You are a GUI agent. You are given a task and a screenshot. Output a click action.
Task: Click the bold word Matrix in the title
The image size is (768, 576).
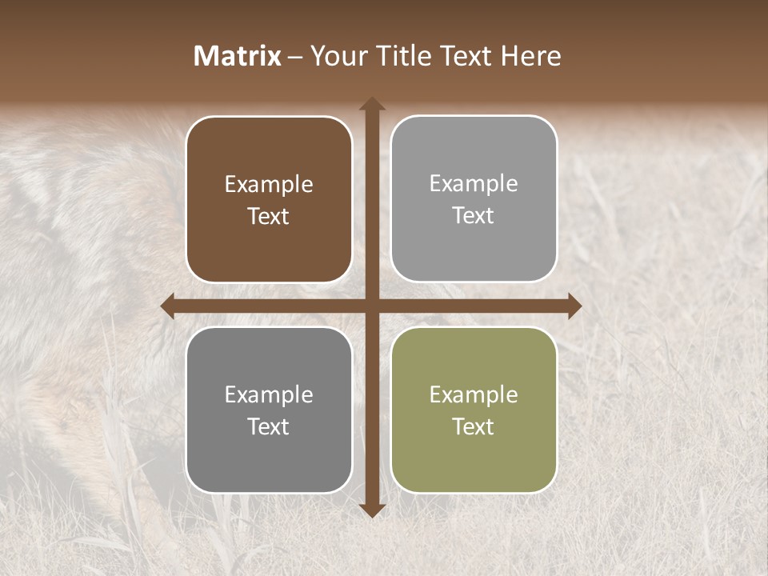(238, 56)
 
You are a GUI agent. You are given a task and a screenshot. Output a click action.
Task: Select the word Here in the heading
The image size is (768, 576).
(530, 56)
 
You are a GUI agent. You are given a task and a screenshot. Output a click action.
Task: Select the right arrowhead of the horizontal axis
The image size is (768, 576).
(574, 306)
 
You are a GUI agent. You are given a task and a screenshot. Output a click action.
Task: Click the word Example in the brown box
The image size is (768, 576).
(269, 185)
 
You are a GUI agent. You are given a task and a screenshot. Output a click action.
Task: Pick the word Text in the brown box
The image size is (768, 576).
(269, 217)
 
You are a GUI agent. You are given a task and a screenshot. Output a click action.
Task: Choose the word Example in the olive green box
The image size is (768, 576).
(474, 394)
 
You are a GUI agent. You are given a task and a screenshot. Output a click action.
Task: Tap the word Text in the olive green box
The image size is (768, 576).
(474, 426)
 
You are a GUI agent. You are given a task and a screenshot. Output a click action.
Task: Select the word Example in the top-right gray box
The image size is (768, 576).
(474, 184)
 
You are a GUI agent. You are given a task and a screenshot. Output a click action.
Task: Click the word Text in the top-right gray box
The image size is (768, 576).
(474, 216)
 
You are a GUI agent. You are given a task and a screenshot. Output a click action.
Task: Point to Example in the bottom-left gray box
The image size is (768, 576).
(269, 394)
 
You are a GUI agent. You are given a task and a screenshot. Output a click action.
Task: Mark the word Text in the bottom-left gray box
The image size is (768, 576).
(269, 426)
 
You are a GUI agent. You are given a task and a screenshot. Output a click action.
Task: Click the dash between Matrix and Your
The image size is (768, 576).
(295, 56)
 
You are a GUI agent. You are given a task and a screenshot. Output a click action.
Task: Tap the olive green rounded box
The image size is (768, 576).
(474, 464)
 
